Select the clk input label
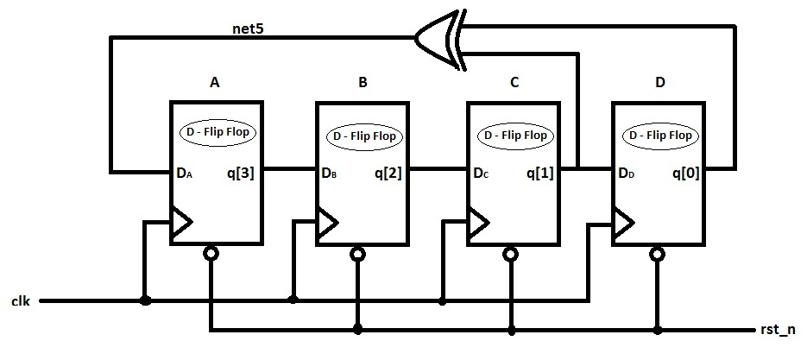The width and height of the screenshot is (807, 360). [22, 300]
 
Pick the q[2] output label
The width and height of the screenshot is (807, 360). [388, 173]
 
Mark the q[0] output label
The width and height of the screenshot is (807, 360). [687, 173]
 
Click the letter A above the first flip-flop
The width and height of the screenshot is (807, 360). [214, 84]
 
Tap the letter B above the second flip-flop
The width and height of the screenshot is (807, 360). [363, 84]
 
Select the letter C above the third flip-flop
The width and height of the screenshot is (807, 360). [514, 84]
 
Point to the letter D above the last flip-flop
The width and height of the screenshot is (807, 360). [660, 84]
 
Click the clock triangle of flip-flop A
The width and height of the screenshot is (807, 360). [180, 223]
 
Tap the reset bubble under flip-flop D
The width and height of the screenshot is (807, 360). [657, 254]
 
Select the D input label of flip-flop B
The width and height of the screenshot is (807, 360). [329, 174]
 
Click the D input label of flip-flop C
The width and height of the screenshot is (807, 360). [481, 174]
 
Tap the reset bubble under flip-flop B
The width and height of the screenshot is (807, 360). [357, 254]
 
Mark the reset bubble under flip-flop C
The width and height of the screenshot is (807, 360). [510, 254]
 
